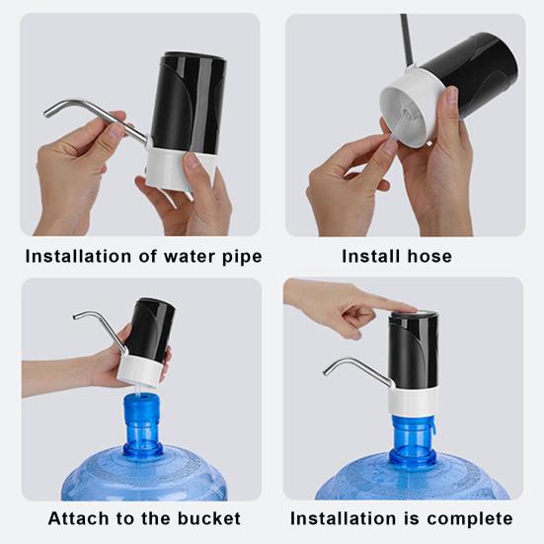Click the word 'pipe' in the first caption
(x=242, y=257)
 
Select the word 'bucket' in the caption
(x=209, y=518)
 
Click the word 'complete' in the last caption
(x=470, y=519)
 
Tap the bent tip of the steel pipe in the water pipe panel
(x=46, y=113)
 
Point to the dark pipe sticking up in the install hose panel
(x=407, y=39)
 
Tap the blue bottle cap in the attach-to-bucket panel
(x=142, y=409)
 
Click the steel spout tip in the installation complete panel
(x=326, y=371)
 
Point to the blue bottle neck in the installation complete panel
(x=413, y=436)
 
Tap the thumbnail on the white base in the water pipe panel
(x=192, y=161)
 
